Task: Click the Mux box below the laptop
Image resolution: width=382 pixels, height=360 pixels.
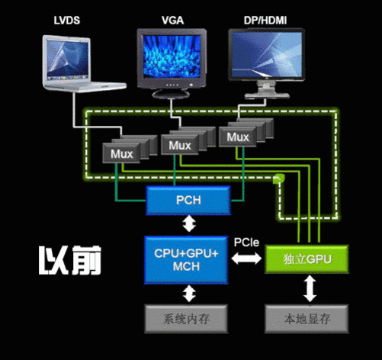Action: (x=121, y=153)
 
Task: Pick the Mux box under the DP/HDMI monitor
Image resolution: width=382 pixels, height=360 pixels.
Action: (x=237, y=137)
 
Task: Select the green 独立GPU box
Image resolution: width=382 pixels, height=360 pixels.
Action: (x=306, y=259)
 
